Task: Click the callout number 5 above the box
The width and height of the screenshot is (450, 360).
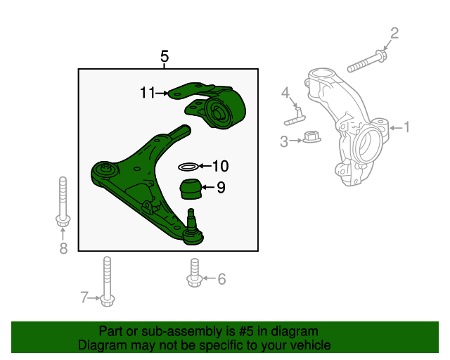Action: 165,56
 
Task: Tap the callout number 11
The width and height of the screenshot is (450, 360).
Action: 148,93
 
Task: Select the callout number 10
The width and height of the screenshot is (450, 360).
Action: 220,166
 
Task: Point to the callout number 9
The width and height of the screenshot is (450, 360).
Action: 221,188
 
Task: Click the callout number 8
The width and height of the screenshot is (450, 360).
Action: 63,248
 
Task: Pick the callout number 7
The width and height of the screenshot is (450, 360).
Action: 84,297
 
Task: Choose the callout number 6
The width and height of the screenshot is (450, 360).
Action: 221,278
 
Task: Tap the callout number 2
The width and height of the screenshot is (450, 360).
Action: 394,33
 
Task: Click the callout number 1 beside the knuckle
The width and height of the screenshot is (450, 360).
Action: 406,127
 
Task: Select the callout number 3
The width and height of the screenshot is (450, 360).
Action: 284,141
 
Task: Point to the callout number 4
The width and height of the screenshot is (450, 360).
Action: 285,93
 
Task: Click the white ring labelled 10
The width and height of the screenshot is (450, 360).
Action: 188,167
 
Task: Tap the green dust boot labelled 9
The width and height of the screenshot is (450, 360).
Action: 191,188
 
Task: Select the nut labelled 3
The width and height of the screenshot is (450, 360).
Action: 311,136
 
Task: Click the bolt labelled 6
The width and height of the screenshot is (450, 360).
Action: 195,273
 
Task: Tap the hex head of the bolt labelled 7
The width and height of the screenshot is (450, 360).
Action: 108,300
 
